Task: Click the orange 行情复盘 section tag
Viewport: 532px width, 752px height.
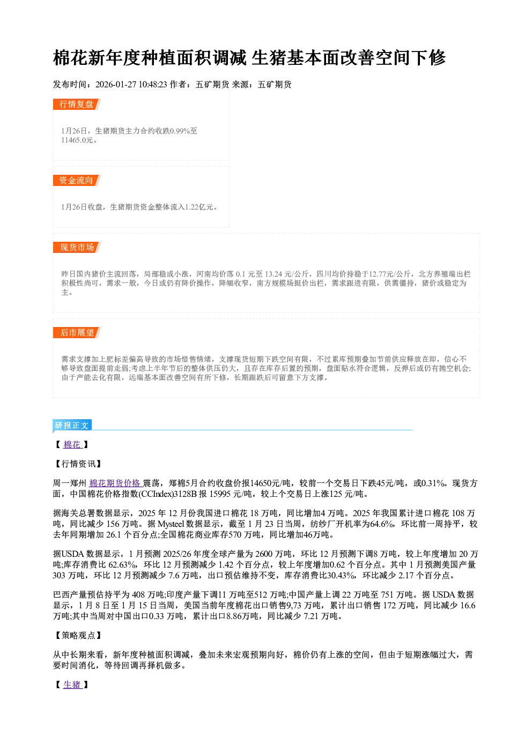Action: (77, 104)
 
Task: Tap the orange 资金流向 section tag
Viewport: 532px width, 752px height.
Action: (77, 180)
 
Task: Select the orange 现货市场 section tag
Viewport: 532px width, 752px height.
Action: (77, 248)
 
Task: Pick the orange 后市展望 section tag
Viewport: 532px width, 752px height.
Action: (77, 333)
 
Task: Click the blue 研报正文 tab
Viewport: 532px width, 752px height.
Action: (72, 426)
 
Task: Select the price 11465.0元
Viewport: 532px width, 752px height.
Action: (77, 140)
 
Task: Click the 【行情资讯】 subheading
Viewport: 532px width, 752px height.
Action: (77, 464)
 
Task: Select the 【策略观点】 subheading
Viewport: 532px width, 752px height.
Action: (77, 636)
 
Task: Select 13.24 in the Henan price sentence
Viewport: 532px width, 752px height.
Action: (274, 274)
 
